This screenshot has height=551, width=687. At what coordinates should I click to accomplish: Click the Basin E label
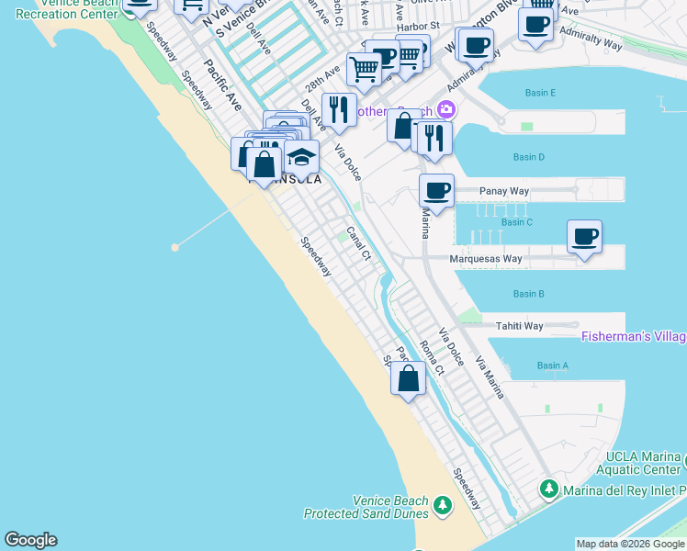540,93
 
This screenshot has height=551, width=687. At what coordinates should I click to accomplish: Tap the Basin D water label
529,157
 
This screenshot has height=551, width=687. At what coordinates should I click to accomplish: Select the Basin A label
553,365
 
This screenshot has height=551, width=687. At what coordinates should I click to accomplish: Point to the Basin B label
529,294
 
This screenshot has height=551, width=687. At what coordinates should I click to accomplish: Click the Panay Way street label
504,191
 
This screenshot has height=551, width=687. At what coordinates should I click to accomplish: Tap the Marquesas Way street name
485,259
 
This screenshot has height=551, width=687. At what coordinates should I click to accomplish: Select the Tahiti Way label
520,326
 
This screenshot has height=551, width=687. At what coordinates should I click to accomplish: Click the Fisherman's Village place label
634,337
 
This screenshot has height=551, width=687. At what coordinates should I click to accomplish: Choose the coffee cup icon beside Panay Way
437,191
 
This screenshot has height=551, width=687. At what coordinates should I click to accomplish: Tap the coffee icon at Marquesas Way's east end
584,238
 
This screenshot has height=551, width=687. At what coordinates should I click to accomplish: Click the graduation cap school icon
301,158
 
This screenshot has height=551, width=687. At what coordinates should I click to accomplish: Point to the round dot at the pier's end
175,247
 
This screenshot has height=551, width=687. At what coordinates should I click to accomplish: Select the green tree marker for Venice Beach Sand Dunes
443,505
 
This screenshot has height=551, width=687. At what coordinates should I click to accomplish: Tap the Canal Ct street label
358,244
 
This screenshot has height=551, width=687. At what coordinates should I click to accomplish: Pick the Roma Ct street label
432,358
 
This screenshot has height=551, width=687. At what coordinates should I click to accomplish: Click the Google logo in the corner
30,540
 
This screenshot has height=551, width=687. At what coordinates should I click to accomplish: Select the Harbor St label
419,28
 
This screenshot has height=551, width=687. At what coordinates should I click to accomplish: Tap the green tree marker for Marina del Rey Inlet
549,489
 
